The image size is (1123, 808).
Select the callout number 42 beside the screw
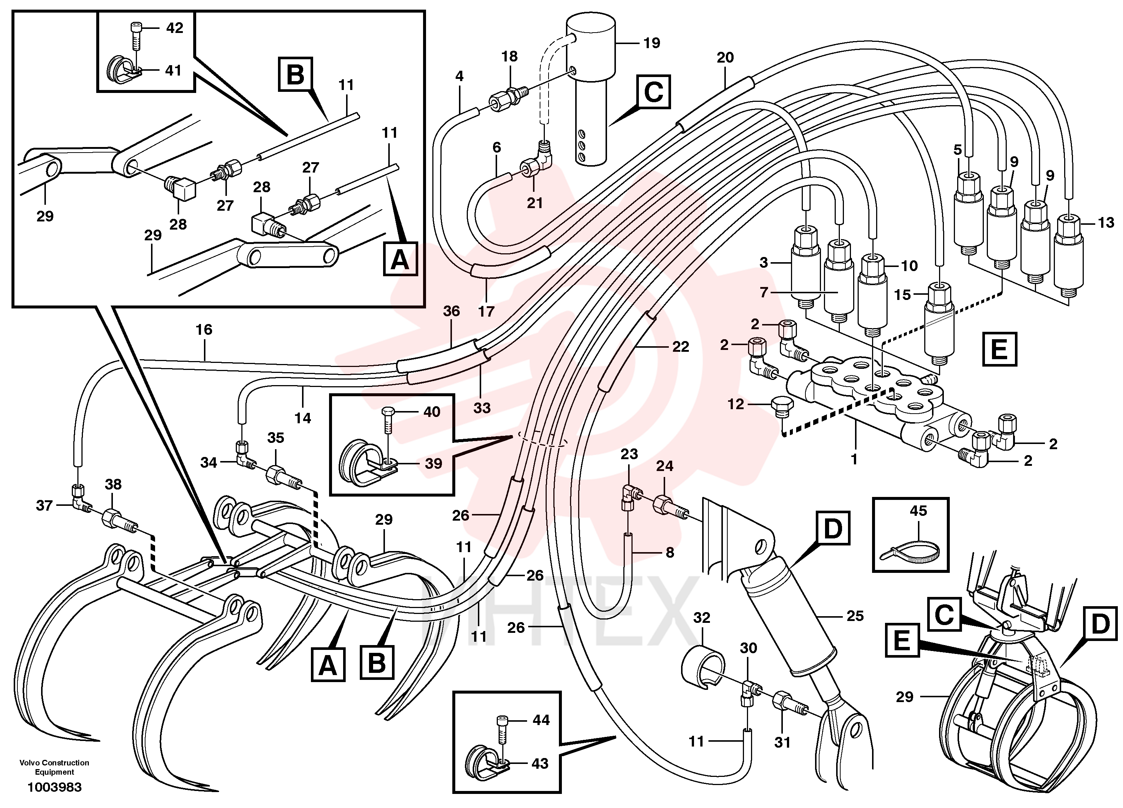click(x=174, y=28)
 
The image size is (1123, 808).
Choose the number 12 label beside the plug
click(x=736, y=404)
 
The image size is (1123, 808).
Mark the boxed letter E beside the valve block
click(x=999, y=349)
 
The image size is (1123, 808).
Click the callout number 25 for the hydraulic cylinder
click(x=855, y=616)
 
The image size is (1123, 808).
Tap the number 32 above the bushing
click(x=702, y=618)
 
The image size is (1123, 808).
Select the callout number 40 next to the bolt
click(x=432, y=412)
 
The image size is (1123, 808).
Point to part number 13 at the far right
click(x=1106, y=223)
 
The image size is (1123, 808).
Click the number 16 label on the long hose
click(x=204, y=330)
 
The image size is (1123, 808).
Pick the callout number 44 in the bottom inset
click(x=541, y=720)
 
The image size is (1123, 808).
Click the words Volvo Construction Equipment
click(x=54, y=767)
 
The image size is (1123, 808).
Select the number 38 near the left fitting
click(x=113, y=484)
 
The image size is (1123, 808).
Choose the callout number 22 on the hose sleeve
click(x=680, y=347)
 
